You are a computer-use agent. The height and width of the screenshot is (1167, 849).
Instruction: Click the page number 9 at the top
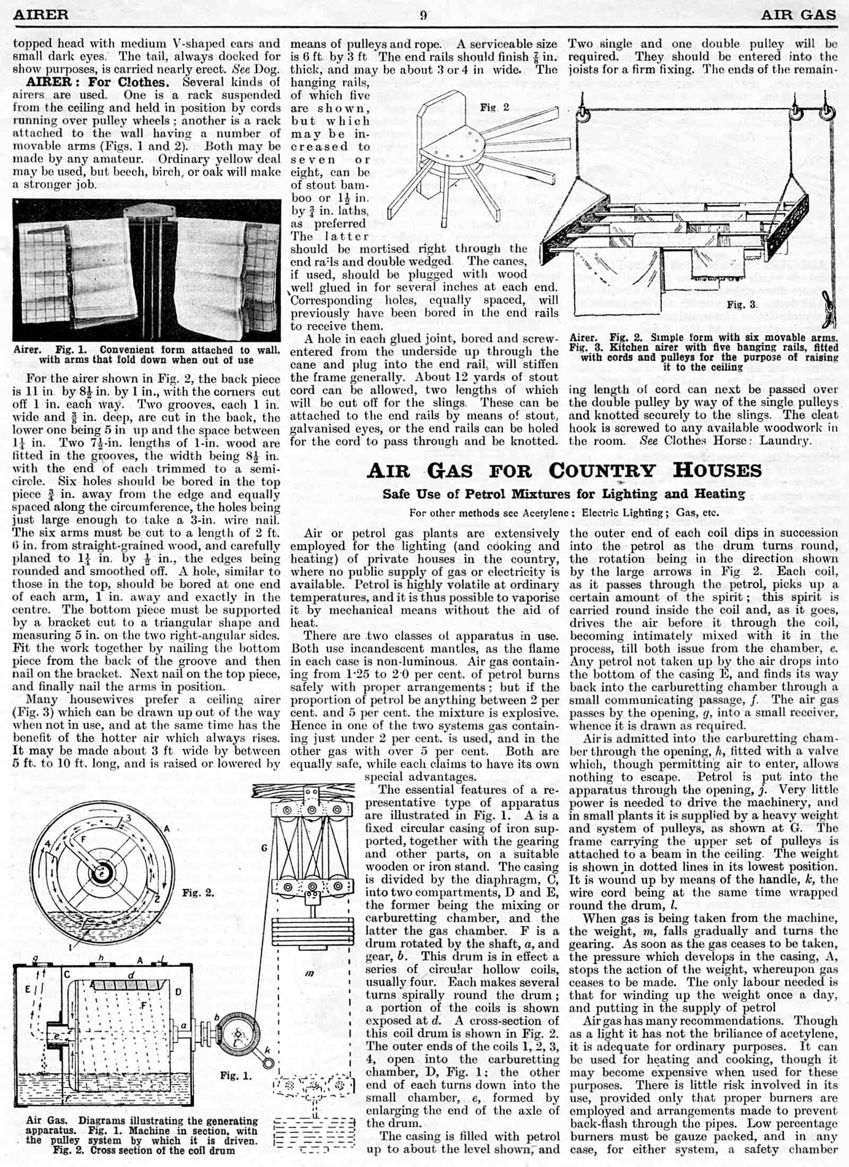point(423,15)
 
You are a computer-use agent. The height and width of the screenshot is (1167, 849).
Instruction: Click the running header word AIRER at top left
point(41,14)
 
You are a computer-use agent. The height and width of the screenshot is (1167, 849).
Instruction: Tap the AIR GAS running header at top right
point(799,14)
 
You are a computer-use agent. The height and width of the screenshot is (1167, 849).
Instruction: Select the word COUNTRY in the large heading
point(602,471)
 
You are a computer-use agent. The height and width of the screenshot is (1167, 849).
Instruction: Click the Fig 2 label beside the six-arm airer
point(494,107)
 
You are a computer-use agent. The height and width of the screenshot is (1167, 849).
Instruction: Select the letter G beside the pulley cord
point(264,848)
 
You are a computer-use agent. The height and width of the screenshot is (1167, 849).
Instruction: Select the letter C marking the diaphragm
point(67,974)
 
